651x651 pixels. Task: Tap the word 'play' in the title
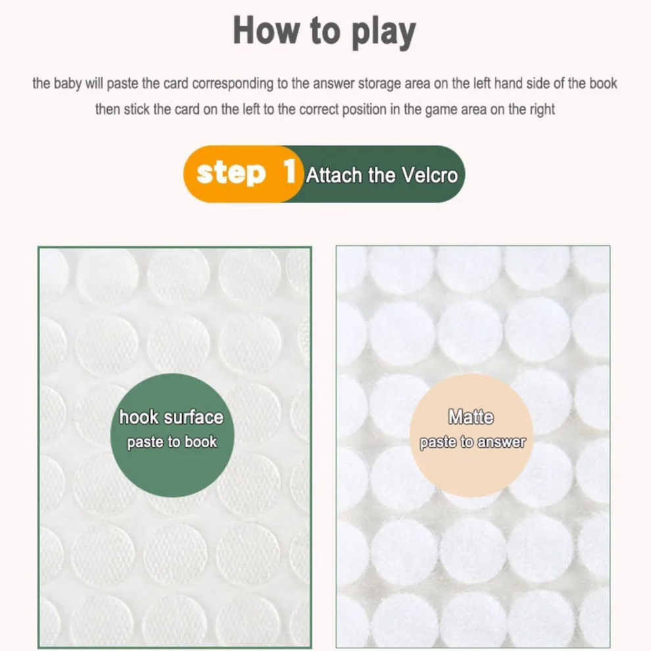[383, 34]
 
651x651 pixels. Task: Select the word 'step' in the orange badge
[231, 174]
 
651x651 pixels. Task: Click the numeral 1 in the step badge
[290, 171]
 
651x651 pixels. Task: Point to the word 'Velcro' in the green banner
[429, 175]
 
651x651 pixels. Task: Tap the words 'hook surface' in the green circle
[171, 418]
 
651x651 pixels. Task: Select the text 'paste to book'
[172, 443]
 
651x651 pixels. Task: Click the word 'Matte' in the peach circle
[471, 417]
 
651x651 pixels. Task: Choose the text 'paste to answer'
[473, 443]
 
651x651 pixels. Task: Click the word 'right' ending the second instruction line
[542, 110]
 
